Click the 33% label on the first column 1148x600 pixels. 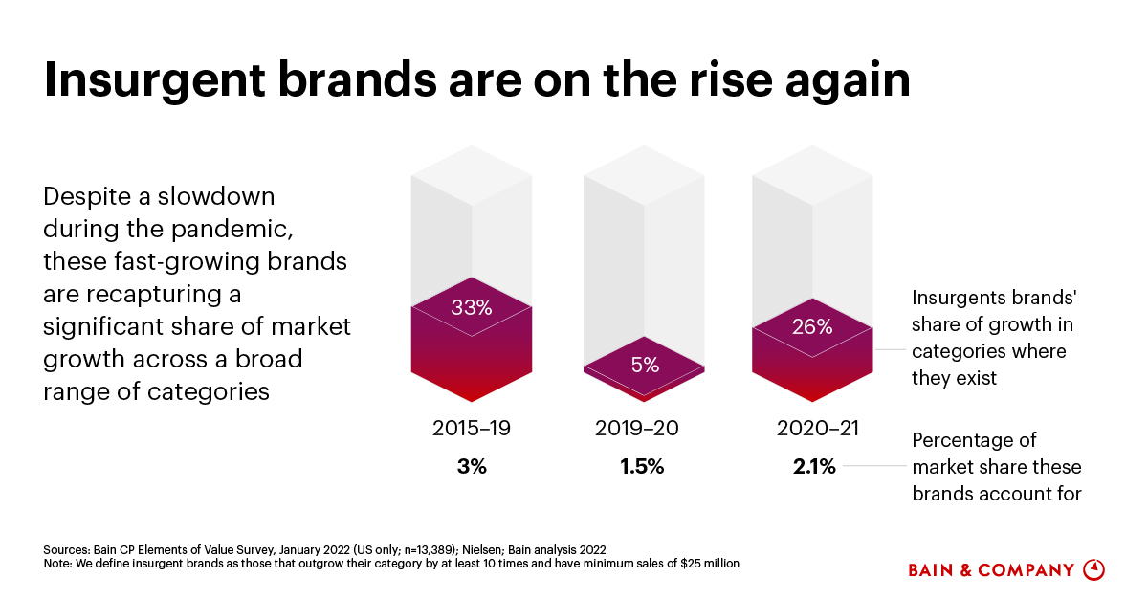point(472,308)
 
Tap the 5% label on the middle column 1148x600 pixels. point(644,365)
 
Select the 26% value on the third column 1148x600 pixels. point(812,326)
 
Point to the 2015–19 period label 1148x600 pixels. point(472,428)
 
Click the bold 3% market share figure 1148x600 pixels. point(471,467)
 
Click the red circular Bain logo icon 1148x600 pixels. point(1093,569)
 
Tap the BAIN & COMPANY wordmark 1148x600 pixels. point(991,570)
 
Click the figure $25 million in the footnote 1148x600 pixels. point(703,564)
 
